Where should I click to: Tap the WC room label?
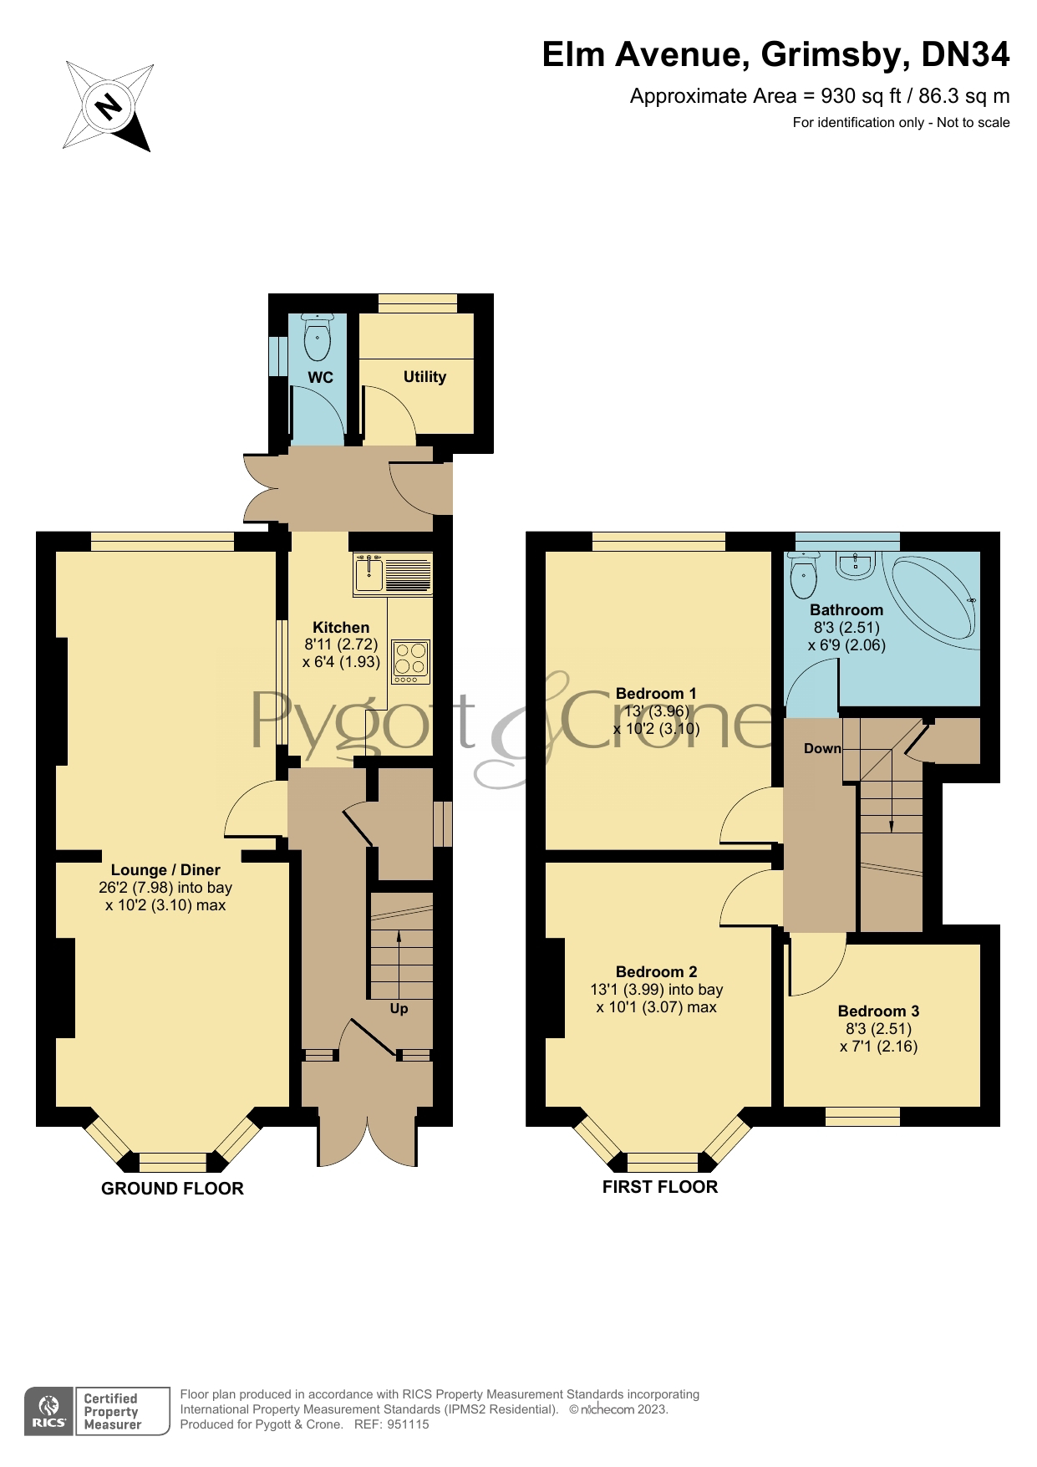320,378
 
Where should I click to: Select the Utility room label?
424,377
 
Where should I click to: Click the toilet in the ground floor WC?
318,338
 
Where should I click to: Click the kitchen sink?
369,574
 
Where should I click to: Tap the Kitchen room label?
341,628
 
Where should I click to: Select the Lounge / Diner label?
165,870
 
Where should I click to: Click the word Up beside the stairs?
399,1009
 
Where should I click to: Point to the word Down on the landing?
822,748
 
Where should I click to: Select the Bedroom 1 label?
656,693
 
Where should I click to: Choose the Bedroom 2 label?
656,971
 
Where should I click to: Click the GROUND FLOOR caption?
172,1189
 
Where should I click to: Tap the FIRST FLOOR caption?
659,1187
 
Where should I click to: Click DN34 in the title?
965,55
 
